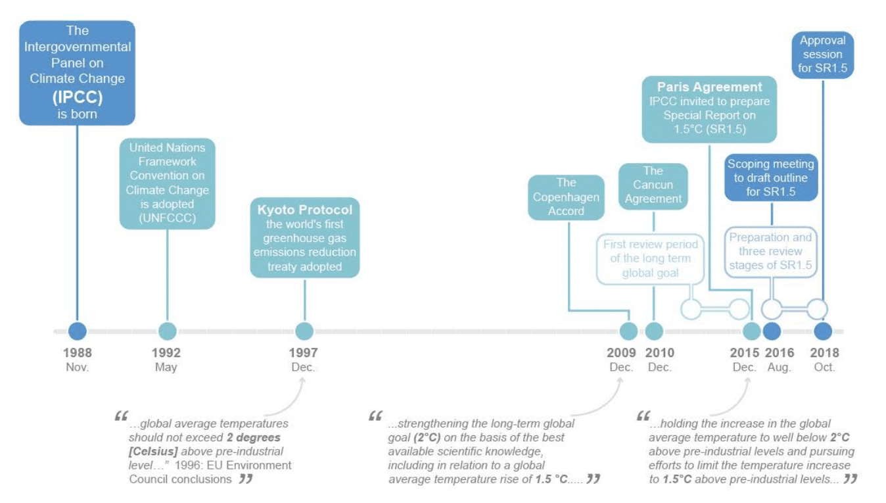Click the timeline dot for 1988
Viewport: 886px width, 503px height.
click(78, 331)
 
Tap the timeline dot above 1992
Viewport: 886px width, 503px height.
click(168, 331)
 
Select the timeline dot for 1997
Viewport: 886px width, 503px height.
click(304, 331)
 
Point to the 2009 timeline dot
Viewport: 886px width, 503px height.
click(629, 331)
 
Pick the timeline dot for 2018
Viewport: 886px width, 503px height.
click(823, 331)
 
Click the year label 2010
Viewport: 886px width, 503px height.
click(659, 353)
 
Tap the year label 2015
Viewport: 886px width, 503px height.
click(745, 353)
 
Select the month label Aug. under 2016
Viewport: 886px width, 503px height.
click(780, 368)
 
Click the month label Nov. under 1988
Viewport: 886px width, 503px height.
click(78, 368)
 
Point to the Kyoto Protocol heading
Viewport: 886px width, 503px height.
click(305, 210)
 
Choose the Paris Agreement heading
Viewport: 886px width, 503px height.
click(710, 87)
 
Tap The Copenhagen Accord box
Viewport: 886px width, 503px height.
click(566, 197)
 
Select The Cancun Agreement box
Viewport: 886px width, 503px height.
click(653, 185)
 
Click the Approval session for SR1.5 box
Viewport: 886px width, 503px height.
click(822, 55)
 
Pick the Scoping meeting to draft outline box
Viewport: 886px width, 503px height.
click(770, 178)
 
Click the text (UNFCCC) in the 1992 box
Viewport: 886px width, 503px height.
click(167, 218)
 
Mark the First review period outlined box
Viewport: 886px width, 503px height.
click(650, 259)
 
